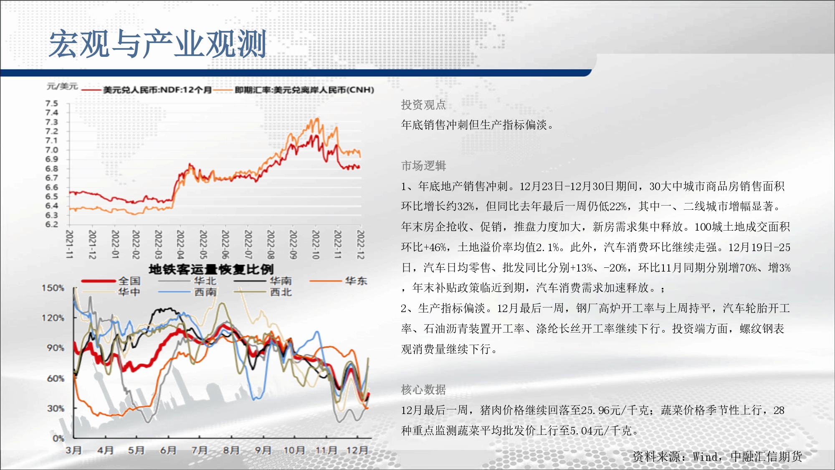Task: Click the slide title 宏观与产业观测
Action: tap(157, 44)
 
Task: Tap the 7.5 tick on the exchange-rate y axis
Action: tap(52, 103)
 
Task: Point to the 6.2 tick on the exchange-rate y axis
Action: tap(52, 224)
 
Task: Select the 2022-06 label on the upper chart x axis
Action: tap(225, 244)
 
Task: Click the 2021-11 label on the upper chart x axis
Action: tap(70, 244)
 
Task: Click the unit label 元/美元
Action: tap(62, 86)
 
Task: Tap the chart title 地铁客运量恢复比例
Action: tap(211, 269)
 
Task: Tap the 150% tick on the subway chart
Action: tap(53, 288)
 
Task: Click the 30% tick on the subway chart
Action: tap(56, 408)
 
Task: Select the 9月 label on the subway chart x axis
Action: tap(263, 450)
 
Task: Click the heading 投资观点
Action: tap(423, 104)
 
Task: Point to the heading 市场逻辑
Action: tap(423, 166)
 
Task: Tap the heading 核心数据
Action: tap(423, 389)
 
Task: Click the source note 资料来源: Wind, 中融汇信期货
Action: tap(717, 457)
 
